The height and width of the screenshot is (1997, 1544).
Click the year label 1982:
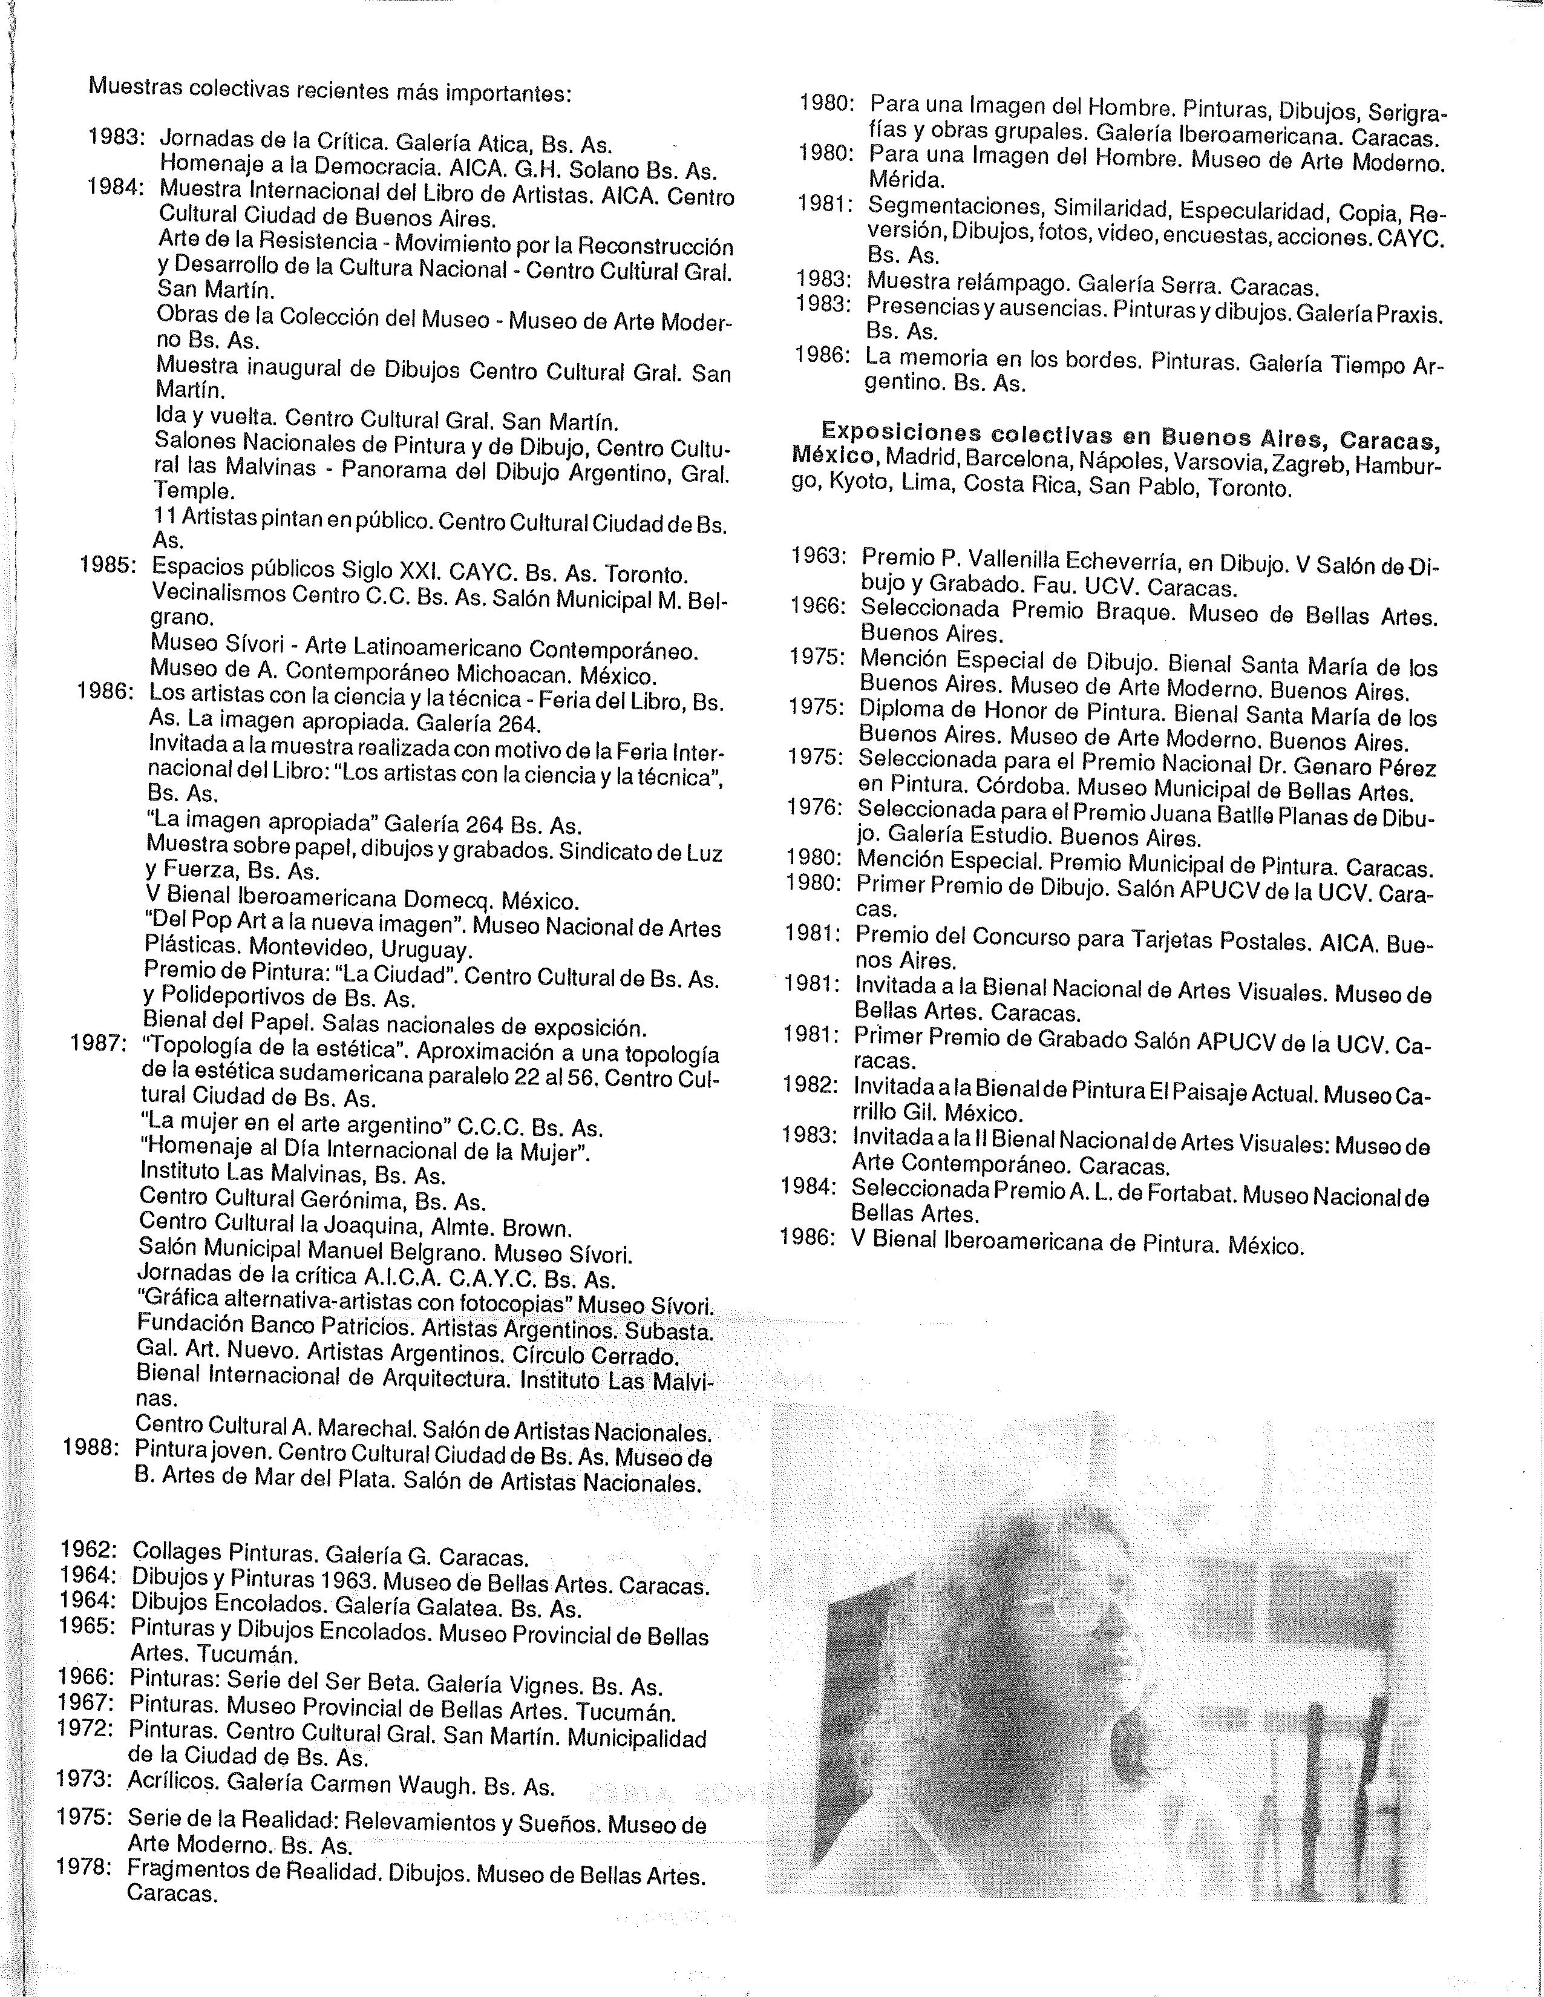click(810, 1086)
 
